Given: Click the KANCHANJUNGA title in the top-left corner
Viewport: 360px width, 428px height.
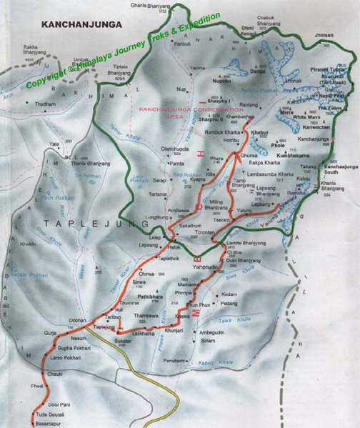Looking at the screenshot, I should [x=82, y=24].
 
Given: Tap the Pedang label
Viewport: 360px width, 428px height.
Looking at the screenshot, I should [x=229, y=303].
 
